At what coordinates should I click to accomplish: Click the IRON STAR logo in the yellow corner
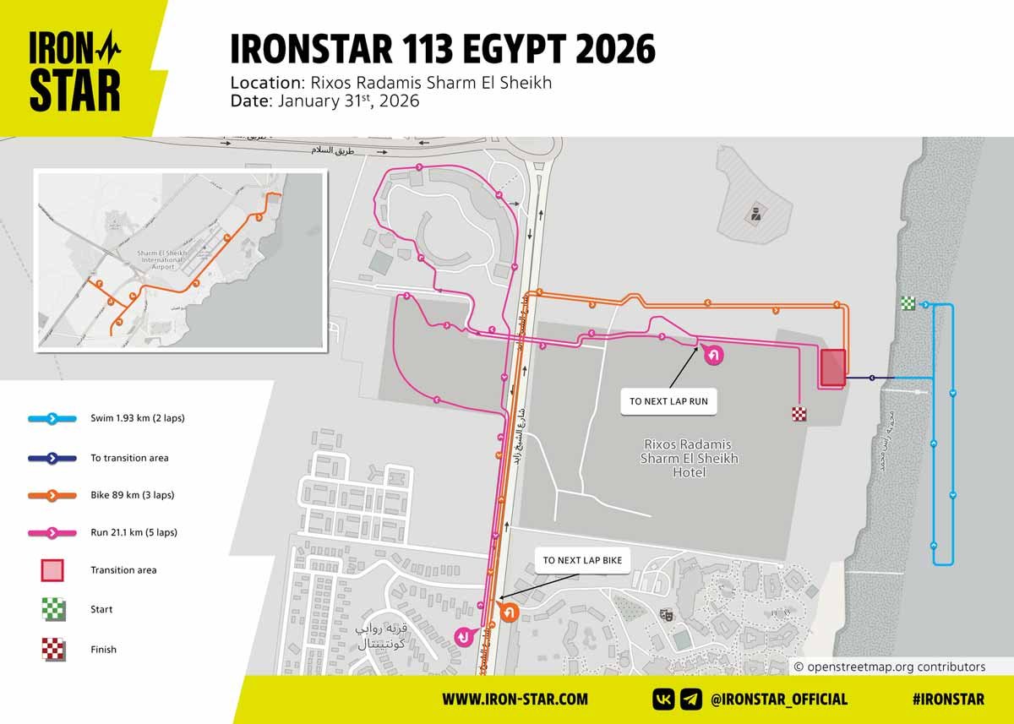(75, 71)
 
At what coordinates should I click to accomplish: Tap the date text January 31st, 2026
(325, 101)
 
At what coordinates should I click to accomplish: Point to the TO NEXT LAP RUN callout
(668, 402)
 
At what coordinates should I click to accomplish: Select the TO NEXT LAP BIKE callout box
(582, 560)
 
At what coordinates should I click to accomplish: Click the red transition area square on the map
(831, 367)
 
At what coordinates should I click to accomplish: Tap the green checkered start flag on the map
(908, 304)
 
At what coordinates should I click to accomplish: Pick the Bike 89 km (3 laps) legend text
(132, 495)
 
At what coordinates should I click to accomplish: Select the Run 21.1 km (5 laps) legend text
(134, 532)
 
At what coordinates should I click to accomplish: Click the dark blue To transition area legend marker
(52, 458)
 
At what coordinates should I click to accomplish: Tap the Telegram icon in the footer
(690, 700)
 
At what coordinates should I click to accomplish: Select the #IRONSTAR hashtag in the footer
(948, 700)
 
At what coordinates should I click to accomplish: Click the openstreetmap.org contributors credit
(890, 667)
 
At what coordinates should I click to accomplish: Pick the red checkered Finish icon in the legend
(52, 650)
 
